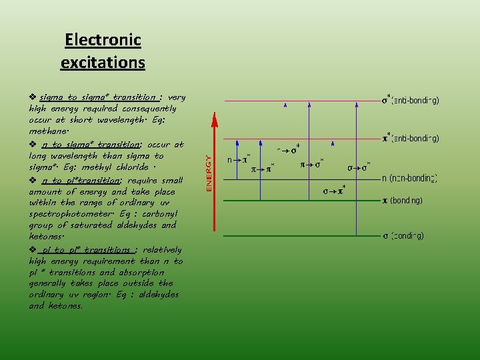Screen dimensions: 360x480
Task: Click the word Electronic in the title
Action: pyautogui.click(x=103, y=40)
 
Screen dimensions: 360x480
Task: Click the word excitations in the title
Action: pyautogui.click(x=103, y=63)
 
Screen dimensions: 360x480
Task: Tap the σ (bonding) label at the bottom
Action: pyautogui.click(x=403, y=235)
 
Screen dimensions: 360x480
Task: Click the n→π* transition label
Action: pyautogui.click(x=239, y=159)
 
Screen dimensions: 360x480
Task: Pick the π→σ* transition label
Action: pyautogui.click(x=311, y=163)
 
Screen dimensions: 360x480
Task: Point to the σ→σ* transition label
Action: pyautogui.click(x=359, y=167)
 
